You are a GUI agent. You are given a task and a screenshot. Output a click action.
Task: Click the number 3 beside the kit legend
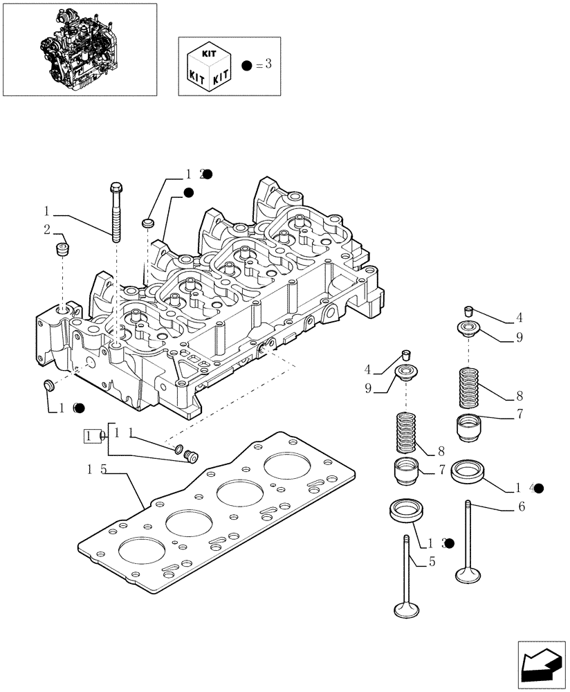point(268,64)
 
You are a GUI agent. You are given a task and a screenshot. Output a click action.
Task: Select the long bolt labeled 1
point(116,212)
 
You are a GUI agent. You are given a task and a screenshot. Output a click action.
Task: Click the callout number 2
point(46,229)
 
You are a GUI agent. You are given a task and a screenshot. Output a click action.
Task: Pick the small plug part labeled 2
point(63,250)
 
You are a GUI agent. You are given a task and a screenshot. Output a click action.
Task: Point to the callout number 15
point(96,469)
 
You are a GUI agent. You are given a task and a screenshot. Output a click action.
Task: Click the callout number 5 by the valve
point(432,562)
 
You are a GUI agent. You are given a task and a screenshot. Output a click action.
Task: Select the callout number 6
point(521,507)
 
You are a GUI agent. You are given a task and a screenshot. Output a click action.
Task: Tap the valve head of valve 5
point(406,610)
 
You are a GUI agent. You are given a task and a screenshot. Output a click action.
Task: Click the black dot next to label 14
point(538,488)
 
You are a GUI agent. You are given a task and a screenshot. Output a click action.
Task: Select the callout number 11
point(122,432)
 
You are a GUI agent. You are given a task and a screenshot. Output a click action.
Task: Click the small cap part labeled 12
point(147,223)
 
